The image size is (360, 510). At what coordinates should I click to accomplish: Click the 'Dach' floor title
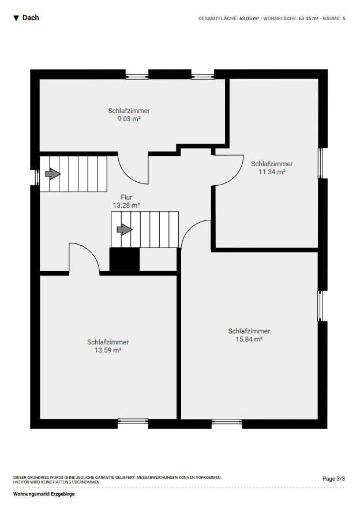(x=31, y=18)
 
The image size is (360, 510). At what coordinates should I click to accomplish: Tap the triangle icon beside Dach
(x=16, y=18)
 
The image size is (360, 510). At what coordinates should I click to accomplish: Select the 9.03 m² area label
(x=129, y=119)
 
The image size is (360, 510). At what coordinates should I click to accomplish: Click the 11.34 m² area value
(x=272, y=172)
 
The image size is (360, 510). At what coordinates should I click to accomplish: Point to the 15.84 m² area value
(x=249, y=339)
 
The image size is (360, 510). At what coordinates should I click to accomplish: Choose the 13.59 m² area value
(x=108, y=350)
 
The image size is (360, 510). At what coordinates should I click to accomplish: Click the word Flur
(x=126, y=197)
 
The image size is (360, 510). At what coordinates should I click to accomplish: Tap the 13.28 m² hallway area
(x=126, y=205)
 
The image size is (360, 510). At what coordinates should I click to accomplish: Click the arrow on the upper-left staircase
(x=52, y=174)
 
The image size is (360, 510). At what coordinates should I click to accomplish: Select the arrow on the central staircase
(x=125, y=230)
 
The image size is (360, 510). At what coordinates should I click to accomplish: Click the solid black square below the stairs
(x=125, y=259)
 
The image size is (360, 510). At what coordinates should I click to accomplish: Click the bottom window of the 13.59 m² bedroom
(x=133, y=422)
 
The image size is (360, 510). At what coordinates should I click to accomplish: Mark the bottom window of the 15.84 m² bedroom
(x=227, y=422)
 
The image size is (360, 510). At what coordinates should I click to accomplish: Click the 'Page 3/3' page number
(x=333, y=479)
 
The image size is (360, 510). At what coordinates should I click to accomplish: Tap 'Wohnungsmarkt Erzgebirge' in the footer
(x=44, y=494)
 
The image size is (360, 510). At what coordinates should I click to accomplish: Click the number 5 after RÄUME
(x=344, y=18)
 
